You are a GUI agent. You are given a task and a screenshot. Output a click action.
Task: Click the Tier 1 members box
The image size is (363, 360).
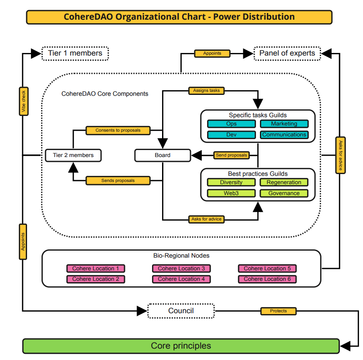pos(75,53)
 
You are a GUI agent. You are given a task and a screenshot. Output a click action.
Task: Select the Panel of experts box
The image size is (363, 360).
pos(287,53)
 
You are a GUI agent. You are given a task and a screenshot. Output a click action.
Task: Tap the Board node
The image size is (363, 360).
pos(162,155)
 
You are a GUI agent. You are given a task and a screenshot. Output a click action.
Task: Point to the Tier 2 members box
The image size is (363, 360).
pos(73,155)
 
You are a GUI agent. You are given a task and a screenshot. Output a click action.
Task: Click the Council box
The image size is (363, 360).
pos(181,311)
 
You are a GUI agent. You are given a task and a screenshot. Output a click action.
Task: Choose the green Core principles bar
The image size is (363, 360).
pos(181,346)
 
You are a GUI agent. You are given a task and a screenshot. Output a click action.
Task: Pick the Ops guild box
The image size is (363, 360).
pos(231,124)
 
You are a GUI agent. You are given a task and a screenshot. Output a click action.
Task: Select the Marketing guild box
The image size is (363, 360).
pos(284,124)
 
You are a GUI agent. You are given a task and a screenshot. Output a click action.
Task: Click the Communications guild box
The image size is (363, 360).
pos(284,135)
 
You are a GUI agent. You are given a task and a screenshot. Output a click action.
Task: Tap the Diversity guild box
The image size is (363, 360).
pos(231,182)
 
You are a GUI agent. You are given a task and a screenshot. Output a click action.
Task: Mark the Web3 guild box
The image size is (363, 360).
pos(231,193)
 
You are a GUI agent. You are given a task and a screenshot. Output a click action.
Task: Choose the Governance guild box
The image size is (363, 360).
pos(284,193)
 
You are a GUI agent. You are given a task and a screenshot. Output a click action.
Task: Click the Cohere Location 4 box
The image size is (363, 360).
pos(181,279)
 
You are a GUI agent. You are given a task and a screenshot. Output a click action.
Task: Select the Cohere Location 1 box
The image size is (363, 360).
pos(96,269)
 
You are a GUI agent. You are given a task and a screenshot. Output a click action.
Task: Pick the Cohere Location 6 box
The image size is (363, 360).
pos(267,279)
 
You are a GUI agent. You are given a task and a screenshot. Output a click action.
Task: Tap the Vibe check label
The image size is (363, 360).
pos(24,102)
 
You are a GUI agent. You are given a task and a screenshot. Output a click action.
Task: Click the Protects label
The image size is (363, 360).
pos(278,311)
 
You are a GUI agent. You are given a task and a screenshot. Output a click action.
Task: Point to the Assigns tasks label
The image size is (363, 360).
pos(206,91)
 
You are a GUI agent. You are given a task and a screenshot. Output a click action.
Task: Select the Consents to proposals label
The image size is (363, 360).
pos(118,130)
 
